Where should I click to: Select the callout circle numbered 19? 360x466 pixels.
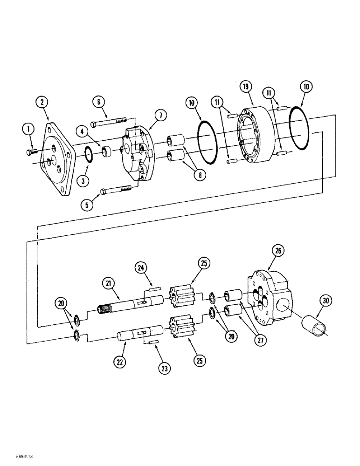click(246, 86)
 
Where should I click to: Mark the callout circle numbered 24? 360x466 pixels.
click(142, 267)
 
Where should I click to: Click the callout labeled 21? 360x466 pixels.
click(109, 283)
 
